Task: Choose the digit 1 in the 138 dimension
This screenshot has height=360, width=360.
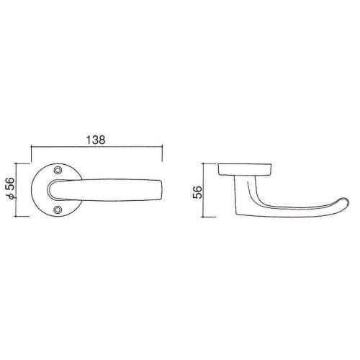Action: [x=87, y=140]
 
